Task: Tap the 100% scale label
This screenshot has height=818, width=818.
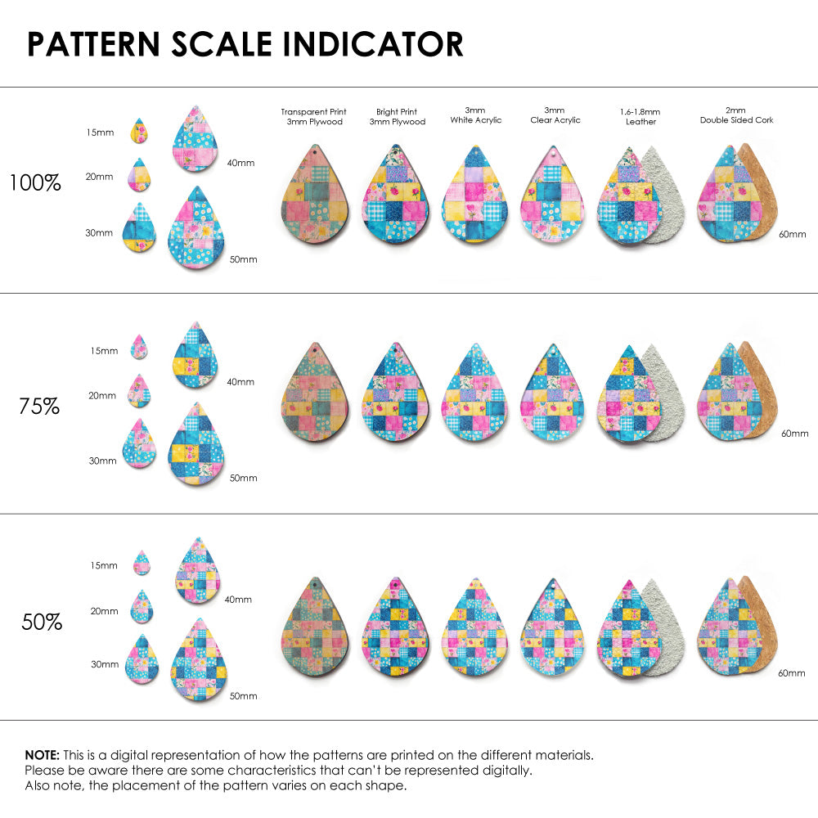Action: click(35, 182)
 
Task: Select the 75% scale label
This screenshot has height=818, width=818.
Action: click(39, 406)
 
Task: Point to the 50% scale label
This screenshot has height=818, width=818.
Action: click(42, 622)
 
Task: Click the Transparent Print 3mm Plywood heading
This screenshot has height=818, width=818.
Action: click(313, 117)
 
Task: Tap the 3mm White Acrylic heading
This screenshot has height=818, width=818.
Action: click(475, 115)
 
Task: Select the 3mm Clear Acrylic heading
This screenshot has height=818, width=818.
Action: click(555, 115)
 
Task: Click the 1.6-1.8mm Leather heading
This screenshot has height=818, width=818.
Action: click(640, 117)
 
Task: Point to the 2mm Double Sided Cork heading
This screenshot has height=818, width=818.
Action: click(736, 115)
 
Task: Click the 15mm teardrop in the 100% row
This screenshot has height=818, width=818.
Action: click(139, 131)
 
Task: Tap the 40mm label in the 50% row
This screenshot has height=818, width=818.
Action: click(238, 600)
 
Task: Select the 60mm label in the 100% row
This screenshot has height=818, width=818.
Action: click(793, 235)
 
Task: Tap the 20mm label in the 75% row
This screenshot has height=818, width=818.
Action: click(102, 396)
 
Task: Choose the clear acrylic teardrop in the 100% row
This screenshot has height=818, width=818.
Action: click(554, 196)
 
